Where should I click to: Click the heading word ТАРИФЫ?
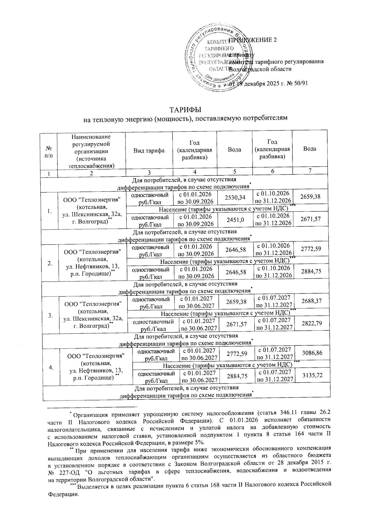tap(185, 110)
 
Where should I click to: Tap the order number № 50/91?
tap(298, 84)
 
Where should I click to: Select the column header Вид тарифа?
tap(149, 151)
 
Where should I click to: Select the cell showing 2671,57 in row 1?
tap(310, 219)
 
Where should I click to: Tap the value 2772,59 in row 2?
tap(310, 248)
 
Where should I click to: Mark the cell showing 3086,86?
tap(310, 352)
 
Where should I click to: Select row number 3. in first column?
tap(50, 315)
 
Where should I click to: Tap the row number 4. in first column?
tap(50, 367)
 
